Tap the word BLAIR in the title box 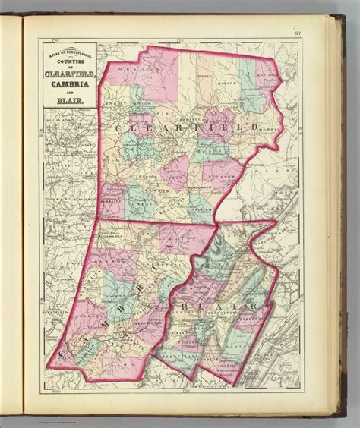(x=64, y=99)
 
